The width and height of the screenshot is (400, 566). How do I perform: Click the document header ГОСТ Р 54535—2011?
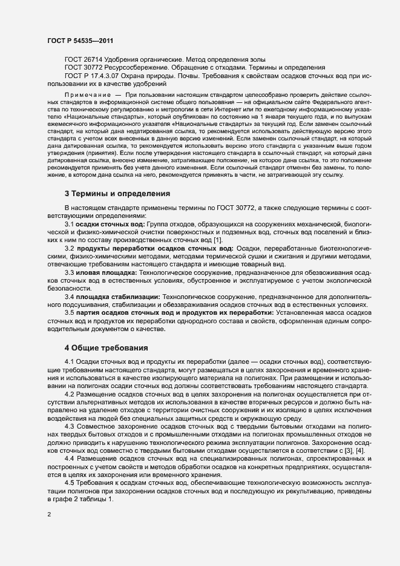point(79,41)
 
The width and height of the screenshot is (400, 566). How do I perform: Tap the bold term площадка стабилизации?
point(119,297)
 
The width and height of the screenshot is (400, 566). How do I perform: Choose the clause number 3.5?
point(70,313)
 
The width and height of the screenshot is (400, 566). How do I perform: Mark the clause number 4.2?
point(70,393)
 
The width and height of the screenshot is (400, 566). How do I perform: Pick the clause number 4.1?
point(70,361)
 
